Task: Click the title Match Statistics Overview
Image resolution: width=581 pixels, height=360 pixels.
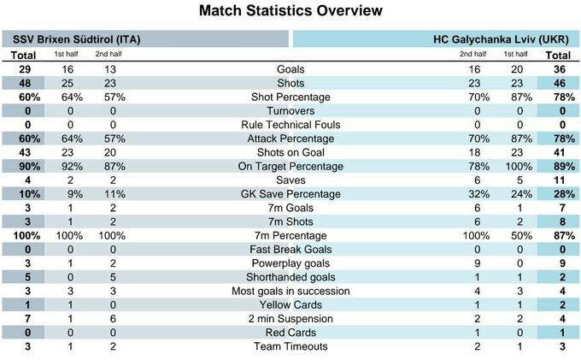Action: (x=290, y=12)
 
